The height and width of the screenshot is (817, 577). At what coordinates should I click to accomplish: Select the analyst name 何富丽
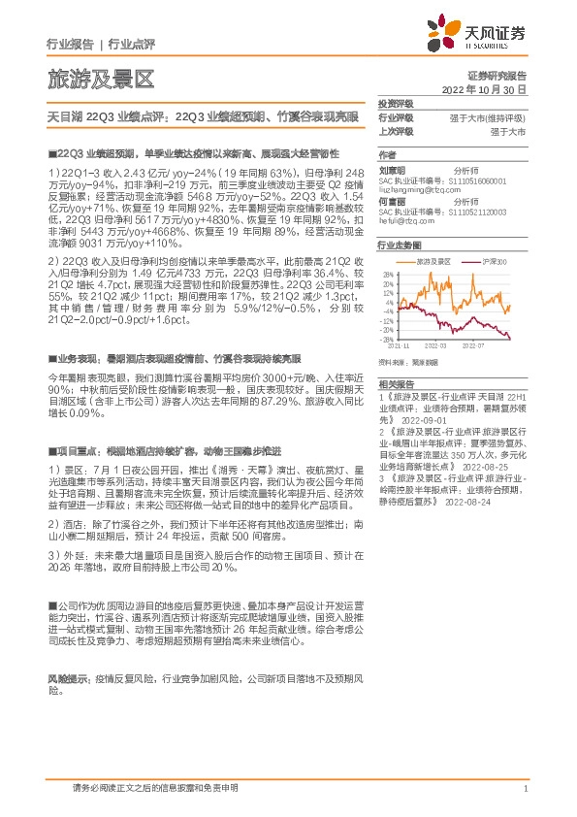click(392, 200)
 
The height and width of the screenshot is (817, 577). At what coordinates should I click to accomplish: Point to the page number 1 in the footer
click(525, 790)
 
